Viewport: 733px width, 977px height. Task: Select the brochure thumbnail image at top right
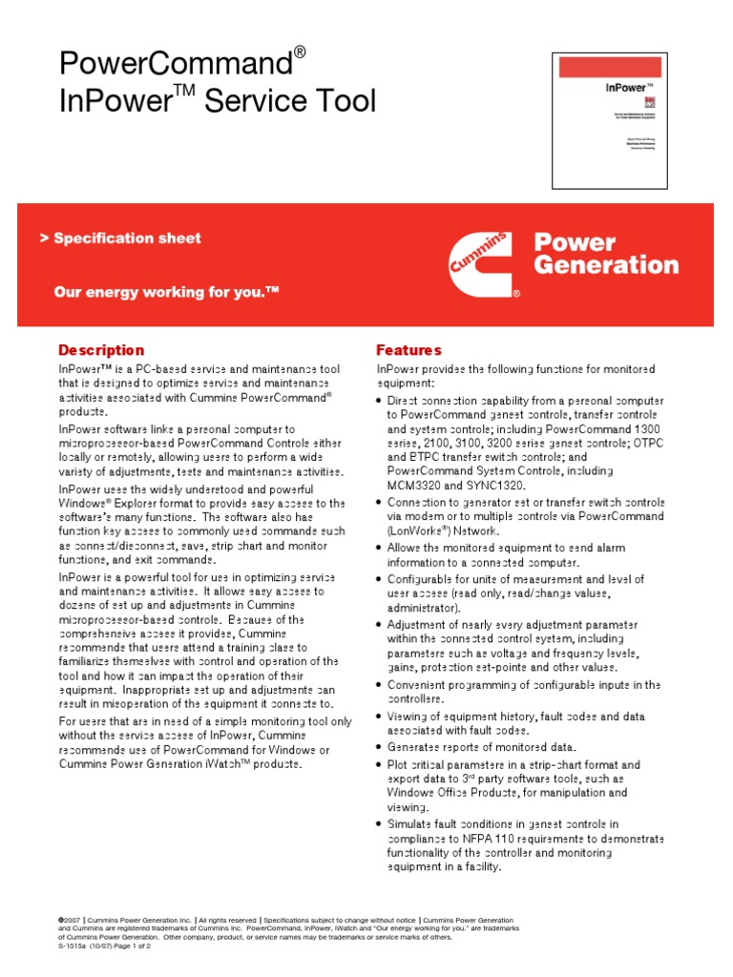point(603,120)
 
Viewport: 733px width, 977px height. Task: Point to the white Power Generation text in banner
point(605,254)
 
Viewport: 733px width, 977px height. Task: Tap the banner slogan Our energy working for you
point(166,291)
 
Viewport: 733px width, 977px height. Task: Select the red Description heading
point(101,350)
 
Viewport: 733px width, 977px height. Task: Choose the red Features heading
point(408,350)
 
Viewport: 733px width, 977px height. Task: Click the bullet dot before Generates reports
point(380,747)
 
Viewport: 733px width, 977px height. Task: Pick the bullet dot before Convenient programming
point(380,685)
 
